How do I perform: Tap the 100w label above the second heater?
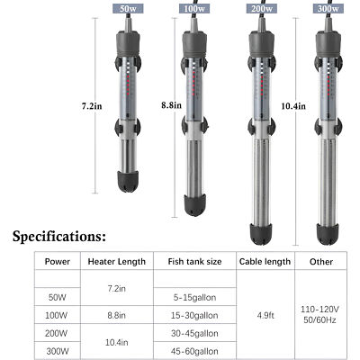coord(193,8)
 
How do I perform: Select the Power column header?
coord(55,263)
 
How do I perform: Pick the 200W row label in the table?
coord(55,332)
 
